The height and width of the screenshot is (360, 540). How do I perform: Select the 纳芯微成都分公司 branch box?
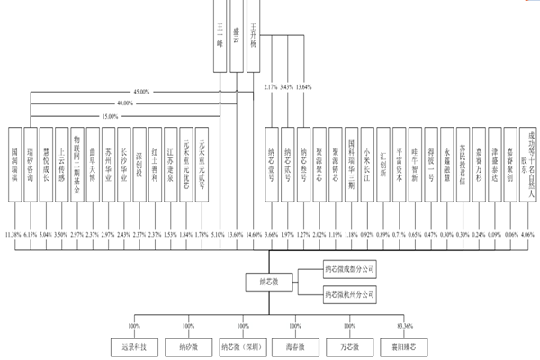click(x=355, y=268)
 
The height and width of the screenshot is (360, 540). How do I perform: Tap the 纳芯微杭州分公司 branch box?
click(x=355, y=295)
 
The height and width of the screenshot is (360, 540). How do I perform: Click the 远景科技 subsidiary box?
click(x=146, y=346)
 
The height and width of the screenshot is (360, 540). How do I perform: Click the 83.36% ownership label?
click(x=392, y=325)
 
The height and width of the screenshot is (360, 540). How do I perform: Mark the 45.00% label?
click(x=140, y=92)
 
